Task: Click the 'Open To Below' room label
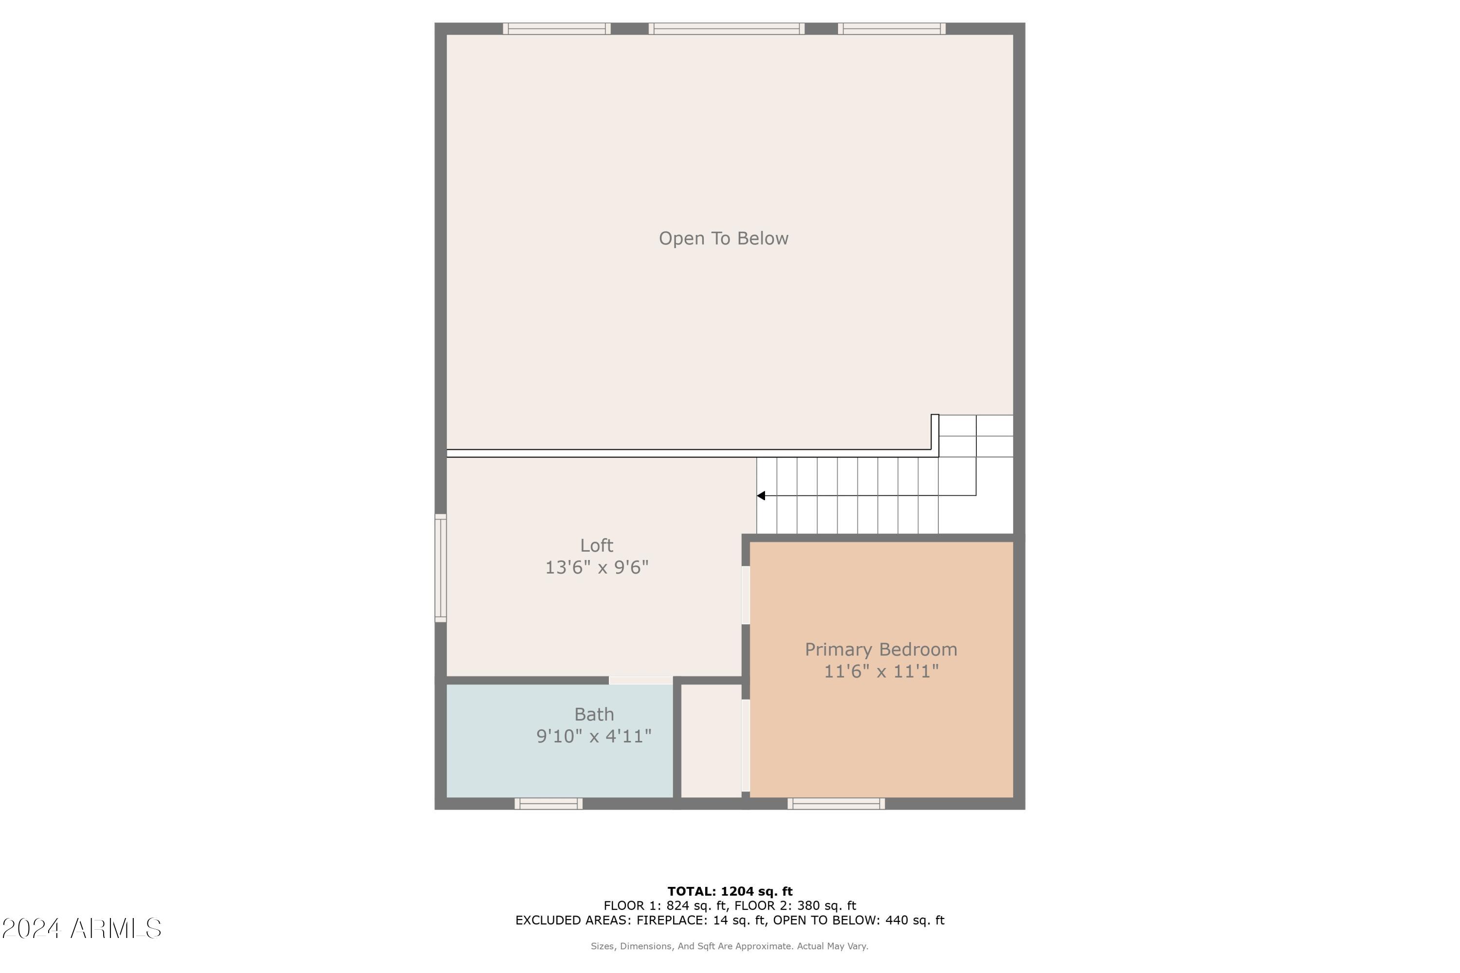point(723,238)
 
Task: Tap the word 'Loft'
point(597,545)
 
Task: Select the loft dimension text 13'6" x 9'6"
point(597,568)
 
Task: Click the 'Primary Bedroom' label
point(881,649)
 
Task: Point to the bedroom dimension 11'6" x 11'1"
point(881,671)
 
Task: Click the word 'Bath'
point(594,714)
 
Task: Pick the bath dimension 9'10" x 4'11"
point(594,737)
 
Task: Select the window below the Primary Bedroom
point(836,804)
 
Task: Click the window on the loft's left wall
point(440,568)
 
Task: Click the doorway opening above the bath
point(640,680)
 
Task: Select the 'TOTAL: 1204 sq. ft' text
point(730,892)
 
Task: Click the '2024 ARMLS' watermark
point(81,928)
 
